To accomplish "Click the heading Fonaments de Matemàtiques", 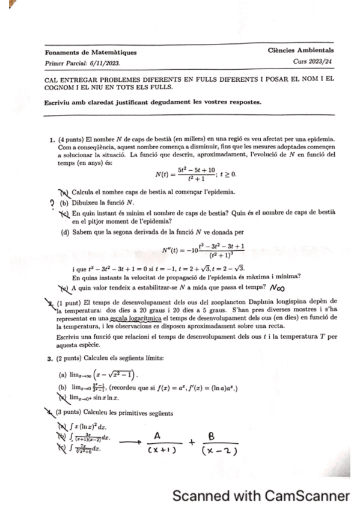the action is click(91, 52).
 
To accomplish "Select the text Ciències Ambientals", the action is click(301, 51).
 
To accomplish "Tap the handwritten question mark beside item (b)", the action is click(53, 203).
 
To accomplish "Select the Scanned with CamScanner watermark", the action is click(260, 496).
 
